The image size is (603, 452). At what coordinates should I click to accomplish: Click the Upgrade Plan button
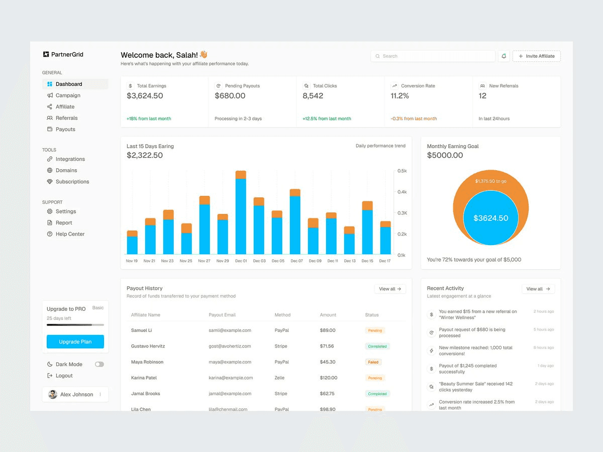coord(75,342)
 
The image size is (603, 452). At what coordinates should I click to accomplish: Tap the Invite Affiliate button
coord(536,56)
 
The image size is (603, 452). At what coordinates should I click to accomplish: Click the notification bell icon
coord(504,56)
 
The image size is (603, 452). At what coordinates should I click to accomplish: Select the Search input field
coord(433,56)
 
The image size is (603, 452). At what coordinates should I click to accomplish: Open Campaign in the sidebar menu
coord(68,95)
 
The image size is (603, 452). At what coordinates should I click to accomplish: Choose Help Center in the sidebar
coord(70,234)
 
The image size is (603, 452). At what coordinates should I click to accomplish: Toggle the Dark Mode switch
coord(99,364)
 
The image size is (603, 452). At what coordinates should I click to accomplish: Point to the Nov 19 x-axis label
coord(132,261)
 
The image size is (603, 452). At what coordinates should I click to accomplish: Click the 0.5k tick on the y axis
coord(402,171)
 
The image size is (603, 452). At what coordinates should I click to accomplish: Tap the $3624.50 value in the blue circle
coord(491,218)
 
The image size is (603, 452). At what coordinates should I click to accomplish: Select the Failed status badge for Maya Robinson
coord(373,362)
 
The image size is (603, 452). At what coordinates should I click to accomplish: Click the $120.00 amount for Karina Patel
coord(329,378)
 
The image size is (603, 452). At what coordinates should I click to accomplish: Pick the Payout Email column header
coord(222,315)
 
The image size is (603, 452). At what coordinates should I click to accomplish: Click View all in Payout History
coord(390,289)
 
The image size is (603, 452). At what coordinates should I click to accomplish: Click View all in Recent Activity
coord(538,289)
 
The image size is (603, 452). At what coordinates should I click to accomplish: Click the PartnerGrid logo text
coord(67,54)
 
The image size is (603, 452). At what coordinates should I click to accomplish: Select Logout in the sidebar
coord(64,376)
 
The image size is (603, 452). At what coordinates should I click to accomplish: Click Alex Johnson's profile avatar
coord(53,394)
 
